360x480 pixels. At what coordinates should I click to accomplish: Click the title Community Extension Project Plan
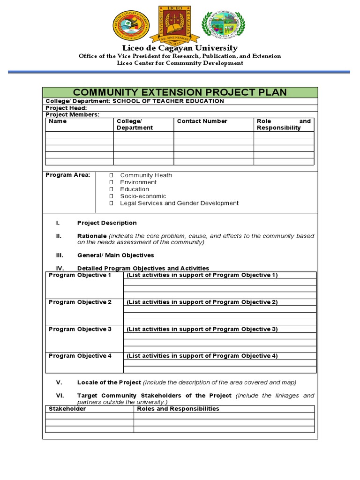coord(180,92)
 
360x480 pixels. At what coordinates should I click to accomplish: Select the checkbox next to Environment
coord(112,182)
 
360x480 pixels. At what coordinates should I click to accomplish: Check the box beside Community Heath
coord(112,175)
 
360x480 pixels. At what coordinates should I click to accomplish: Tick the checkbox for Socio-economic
coord(112,196)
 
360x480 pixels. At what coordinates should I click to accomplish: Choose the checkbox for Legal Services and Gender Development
coord(112,203)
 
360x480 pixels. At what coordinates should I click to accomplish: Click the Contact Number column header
coord(202,121)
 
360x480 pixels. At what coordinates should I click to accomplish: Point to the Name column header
coord(58,121)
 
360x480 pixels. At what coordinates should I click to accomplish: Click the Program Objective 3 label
coord(80,330)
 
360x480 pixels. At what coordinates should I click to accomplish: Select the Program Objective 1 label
coord(80,275)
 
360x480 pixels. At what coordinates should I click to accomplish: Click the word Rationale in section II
coord(92,236)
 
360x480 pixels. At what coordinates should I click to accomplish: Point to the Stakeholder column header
coord(67,409)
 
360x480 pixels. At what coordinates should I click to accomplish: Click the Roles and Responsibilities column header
coord(178,409)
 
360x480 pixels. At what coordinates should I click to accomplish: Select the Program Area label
coord(67,175)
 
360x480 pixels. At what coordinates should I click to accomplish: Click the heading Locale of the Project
coord(109,382)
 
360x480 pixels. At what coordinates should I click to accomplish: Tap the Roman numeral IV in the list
coord(60,269)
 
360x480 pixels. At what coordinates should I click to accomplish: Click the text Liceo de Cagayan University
coord(180,48)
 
